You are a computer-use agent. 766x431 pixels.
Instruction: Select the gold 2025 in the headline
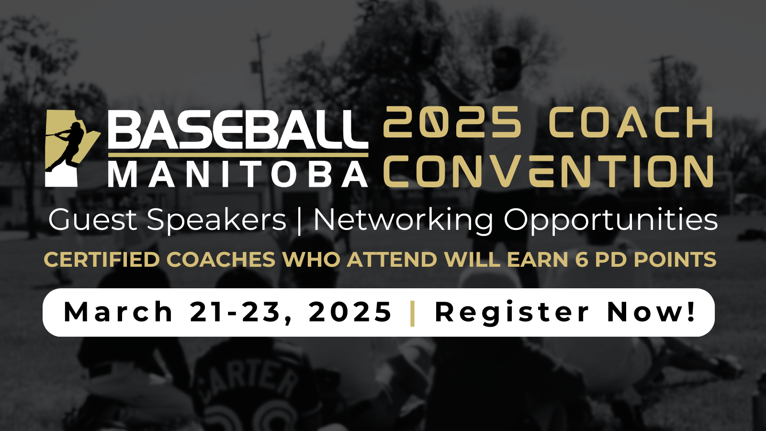coord(452,122)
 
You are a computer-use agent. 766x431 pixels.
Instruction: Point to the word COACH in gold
coord(631,122)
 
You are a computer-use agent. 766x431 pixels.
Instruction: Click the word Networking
coord(403,221)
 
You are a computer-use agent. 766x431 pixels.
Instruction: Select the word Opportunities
coord(610,221)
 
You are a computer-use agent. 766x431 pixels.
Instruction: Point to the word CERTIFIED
coord(102,259)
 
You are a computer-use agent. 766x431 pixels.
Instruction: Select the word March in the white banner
coord(118,312)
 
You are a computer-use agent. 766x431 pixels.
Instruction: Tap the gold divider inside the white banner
coord(412,313)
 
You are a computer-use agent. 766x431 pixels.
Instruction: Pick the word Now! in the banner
coord(651,312)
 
